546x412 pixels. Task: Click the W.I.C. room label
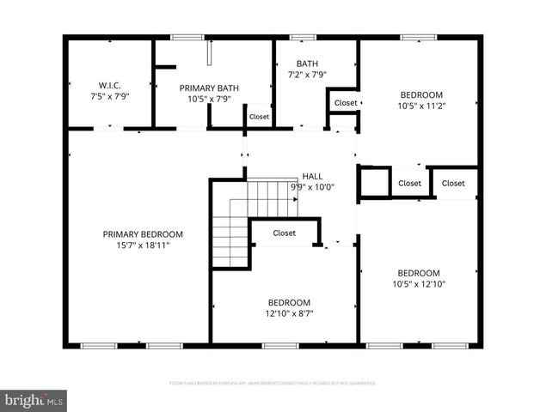[108, 84]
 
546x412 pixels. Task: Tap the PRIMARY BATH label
[208, 88]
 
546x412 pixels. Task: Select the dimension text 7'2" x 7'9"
[307, 75]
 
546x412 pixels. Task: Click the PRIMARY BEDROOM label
[143, 234]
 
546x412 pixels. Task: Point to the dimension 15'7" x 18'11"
[143, 245]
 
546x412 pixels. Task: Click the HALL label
[312, 176]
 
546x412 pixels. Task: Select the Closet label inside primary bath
[259, 116]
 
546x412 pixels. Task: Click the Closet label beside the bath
[346, 103]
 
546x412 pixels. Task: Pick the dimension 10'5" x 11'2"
[421, 106]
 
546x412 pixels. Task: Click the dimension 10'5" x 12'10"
[419, 284]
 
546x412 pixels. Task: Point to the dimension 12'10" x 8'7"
[289, 313]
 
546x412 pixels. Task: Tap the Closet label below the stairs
[285, 233]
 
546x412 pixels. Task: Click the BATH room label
[307, 64]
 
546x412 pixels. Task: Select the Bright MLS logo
[34, 400]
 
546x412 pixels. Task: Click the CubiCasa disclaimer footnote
[273, 383]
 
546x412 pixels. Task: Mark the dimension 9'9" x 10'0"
[312, 187]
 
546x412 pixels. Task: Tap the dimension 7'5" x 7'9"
[108, 95]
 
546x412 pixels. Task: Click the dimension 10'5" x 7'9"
[208, 99]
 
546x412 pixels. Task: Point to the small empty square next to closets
[374, 183]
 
